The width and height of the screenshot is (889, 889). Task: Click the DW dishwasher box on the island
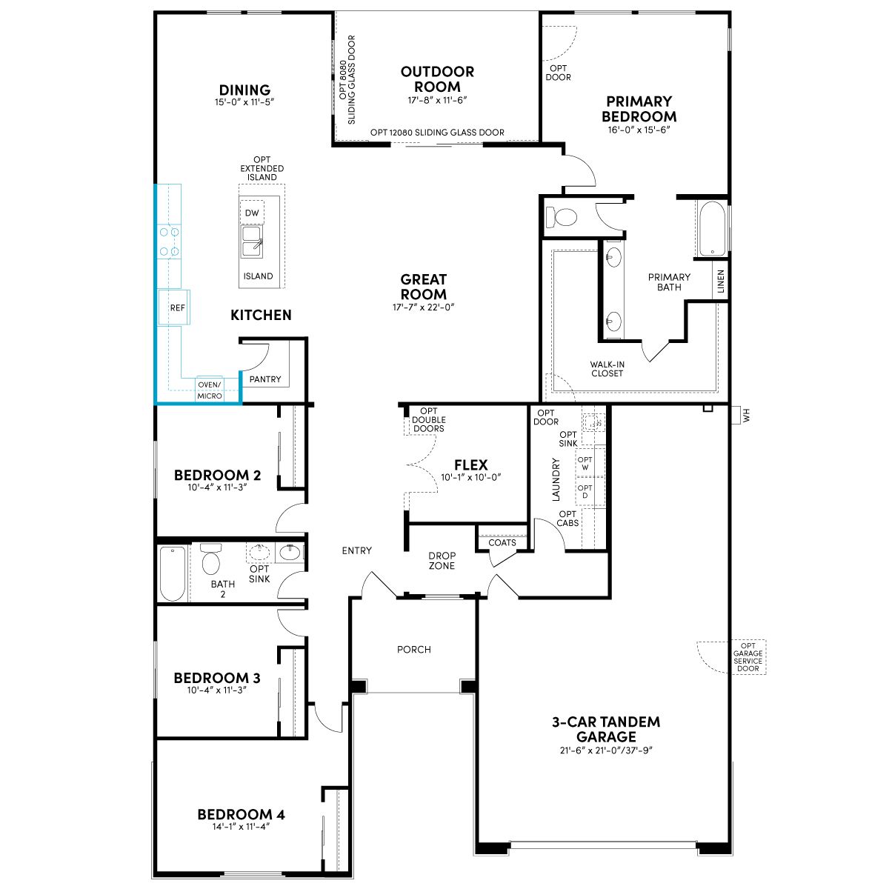[x=252, y=212]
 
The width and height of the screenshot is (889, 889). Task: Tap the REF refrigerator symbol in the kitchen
[x=174, y=307]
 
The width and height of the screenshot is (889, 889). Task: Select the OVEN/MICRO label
[x=210, y=390]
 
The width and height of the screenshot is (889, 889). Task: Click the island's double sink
[x=253, y=242]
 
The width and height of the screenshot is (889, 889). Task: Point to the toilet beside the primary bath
[x=562, y=216]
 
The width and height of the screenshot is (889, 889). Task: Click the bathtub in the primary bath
[x=712, y=229]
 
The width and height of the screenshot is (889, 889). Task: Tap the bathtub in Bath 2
[x=173, y=573]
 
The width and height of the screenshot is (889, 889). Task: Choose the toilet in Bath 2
[x=211, y=559]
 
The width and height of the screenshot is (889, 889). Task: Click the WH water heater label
[x=747, y=415]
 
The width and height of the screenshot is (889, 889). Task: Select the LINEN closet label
[x=721, y=282]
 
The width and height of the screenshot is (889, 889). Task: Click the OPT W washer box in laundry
[x=585, y=463]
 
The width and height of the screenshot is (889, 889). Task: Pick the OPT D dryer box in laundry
[x=585, y=491]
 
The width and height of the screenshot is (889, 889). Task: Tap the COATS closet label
[x=502, y=542]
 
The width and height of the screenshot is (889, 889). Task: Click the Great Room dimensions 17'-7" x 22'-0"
[x=424, y=307]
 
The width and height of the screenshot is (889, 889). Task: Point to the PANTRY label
[x=264, y=379]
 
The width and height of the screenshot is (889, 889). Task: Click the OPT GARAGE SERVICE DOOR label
[x=748, y=657]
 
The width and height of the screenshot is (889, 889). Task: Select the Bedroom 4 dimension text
[x=241, y=826]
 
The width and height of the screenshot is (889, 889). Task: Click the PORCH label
[x=414, y=650]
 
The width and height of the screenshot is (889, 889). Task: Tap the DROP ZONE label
[x=442, y=561]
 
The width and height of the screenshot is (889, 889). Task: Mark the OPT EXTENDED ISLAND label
[x=262, y=168]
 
